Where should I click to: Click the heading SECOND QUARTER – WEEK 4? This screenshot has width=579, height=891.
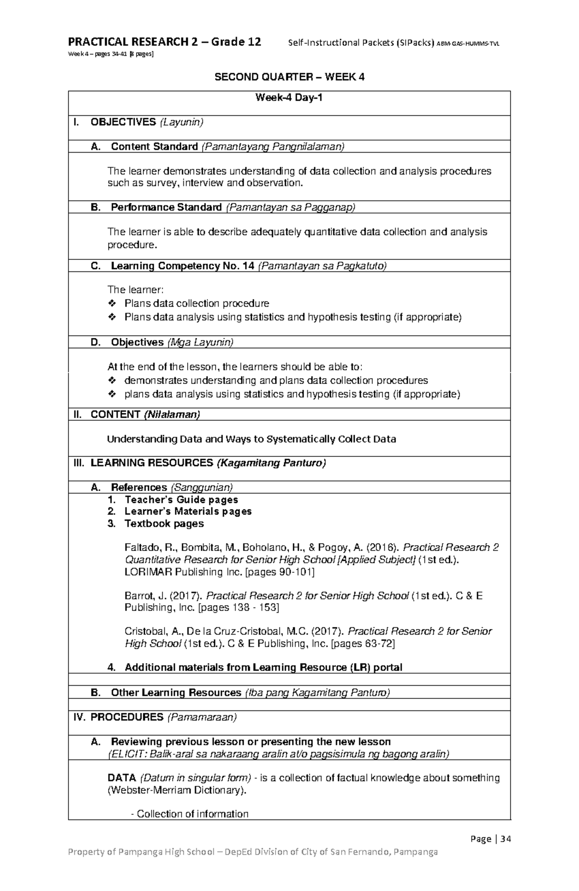point(289,77)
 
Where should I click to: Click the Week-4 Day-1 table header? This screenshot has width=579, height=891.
point(289,98)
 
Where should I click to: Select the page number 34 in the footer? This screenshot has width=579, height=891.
point(505,838)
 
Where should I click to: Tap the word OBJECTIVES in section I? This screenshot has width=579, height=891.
point(123,122)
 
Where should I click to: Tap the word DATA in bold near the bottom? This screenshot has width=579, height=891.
point(122,778)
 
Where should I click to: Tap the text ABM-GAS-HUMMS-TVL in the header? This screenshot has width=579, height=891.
point(468,44)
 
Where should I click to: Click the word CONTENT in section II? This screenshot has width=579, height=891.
point(115,414)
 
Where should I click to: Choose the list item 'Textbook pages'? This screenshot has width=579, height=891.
point(164,524)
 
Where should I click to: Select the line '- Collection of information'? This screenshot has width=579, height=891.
point(190,814)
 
